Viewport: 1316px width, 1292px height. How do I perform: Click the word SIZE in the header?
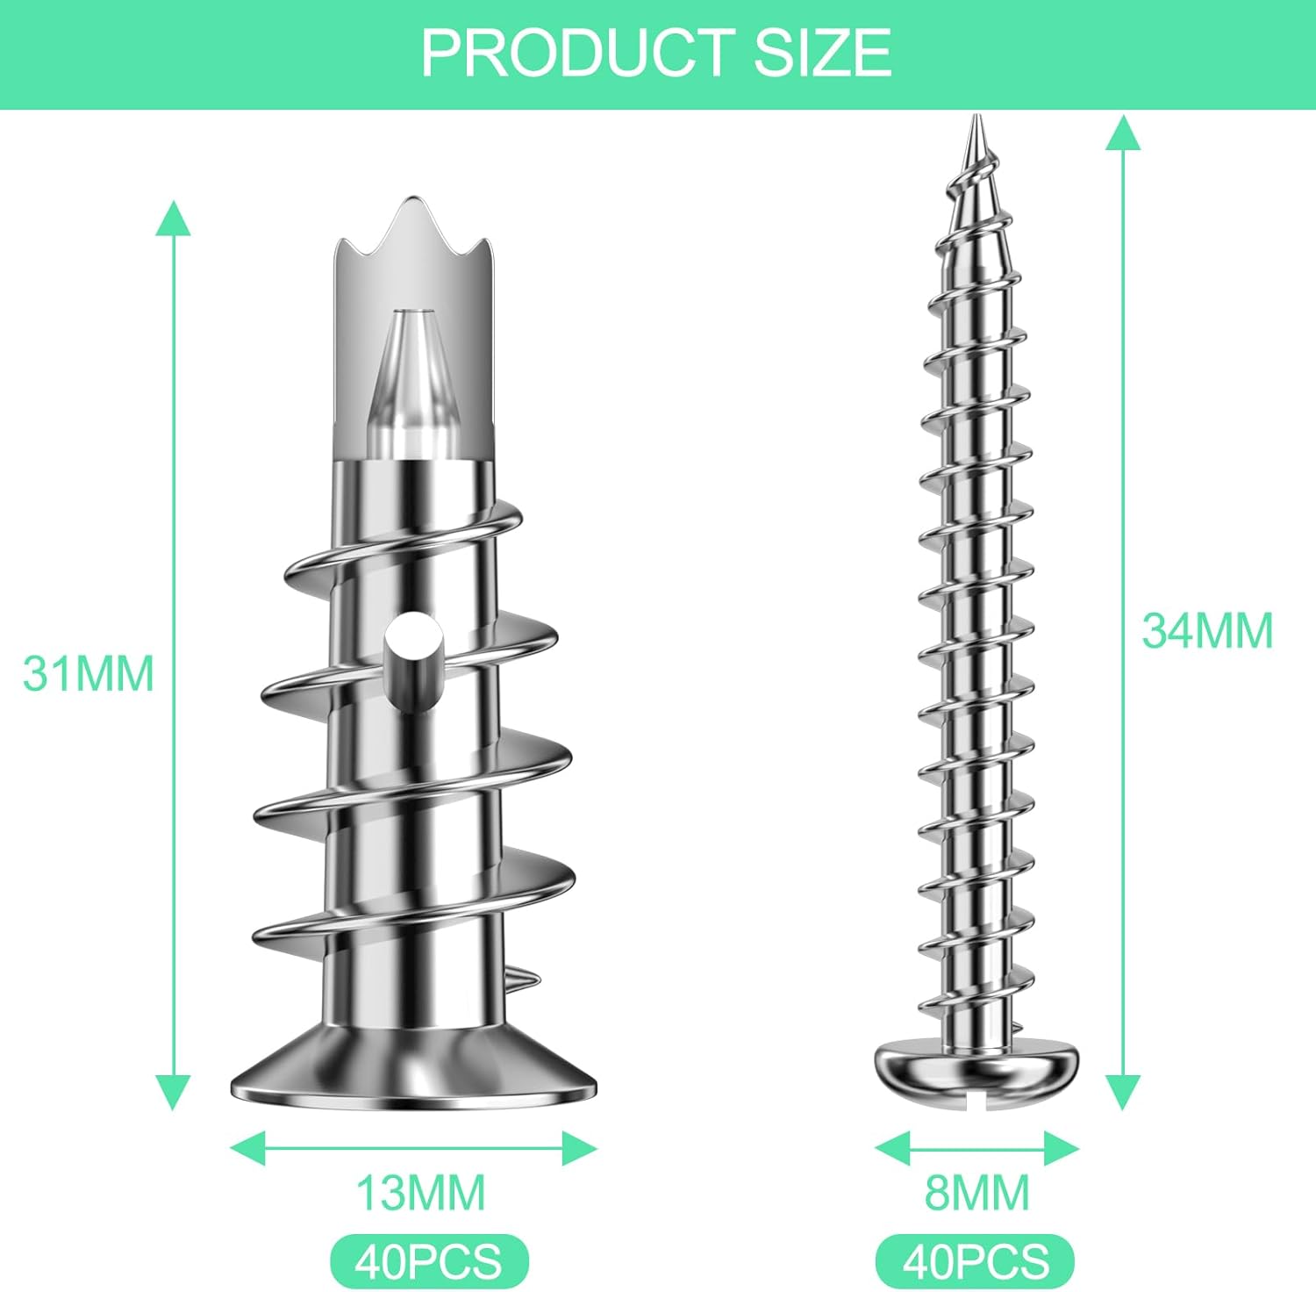[823, 53]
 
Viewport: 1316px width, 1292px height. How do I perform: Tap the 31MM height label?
[89, 674]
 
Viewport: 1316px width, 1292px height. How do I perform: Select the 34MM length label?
[1207, 630]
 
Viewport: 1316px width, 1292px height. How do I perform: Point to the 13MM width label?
[420, 1193]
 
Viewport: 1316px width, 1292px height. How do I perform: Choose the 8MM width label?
[977, 1193]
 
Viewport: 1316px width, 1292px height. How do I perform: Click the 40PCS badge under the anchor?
[429, 1261]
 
